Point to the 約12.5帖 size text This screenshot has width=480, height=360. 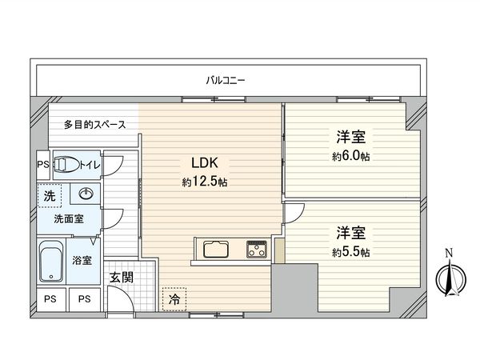(205, 182)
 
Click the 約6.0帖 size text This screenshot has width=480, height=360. (351, 155)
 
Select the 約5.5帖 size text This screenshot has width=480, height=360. (351, 253)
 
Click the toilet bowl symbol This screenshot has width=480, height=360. (67, 165)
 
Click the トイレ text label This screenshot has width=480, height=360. (89, 165)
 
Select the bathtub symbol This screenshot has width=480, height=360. (51, 261)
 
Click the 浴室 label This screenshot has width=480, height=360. (82, 260)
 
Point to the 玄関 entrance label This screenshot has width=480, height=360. (122, 278)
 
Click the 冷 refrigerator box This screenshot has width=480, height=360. (174, 298)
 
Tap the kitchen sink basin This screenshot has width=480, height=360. (218, 249)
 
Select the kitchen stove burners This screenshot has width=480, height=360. (256, 248)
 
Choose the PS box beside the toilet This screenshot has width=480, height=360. (43, 165)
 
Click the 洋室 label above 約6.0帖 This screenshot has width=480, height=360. (351, 137)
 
